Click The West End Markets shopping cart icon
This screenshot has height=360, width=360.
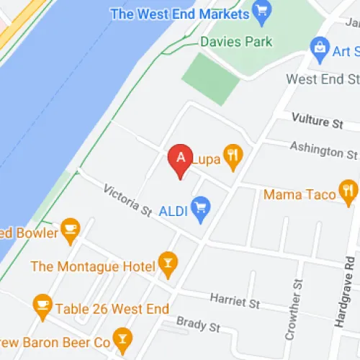coord(261,12)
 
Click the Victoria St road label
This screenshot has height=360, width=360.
coord(127,201)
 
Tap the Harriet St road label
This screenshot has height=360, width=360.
coord(235,301)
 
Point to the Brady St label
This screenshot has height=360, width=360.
coord(198,325)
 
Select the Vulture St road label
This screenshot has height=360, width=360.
coord(317,122)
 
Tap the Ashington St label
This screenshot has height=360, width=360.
coord(323,150)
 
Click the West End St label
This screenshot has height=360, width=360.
coord(322,78)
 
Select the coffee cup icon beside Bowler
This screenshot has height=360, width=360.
coord(69,229)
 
